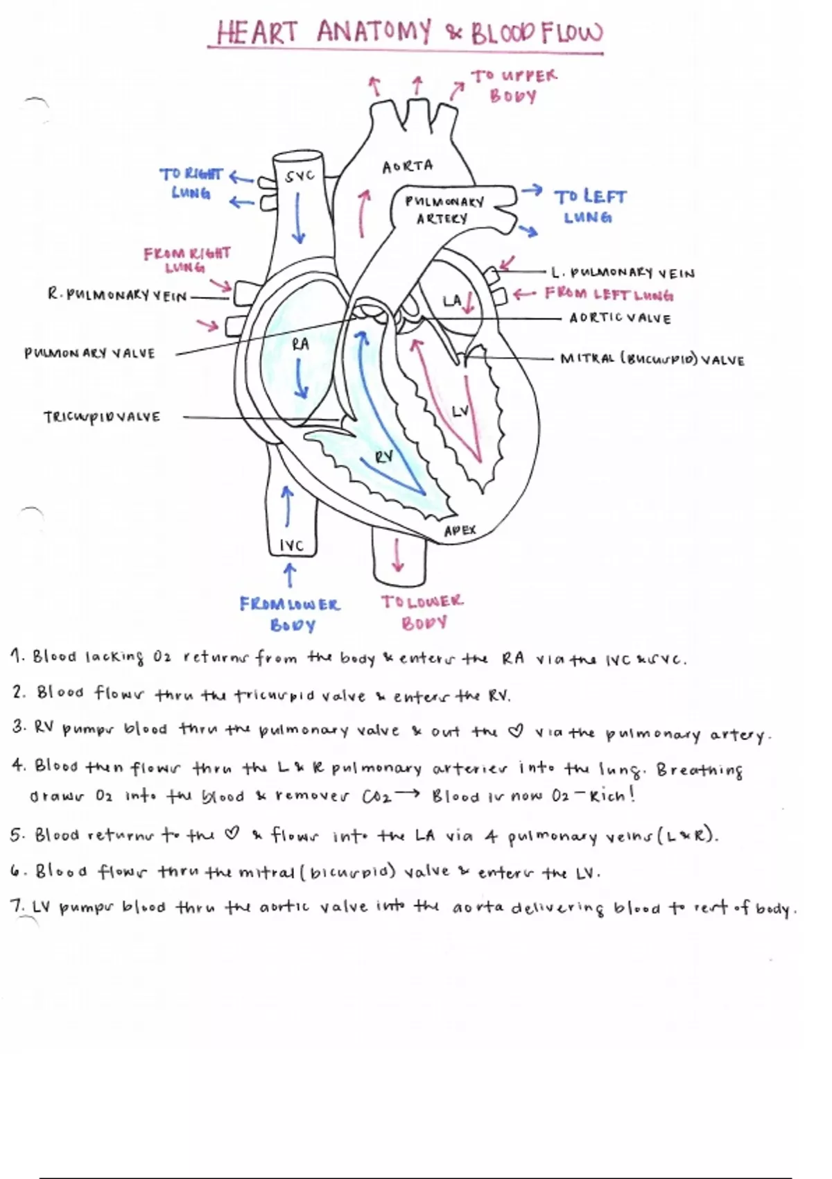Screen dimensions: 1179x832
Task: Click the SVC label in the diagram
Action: point(300,176)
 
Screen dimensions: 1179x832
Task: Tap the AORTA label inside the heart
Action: point(408,166)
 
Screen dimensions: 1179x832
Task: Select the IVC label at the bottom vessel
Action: point(291,546)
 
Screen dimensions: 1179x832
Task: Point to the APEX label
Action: point(460,531)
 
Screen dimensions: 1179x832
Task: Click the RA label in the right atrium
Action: point(300,344)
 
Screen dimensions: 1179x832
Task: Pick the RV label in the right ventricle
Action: point(384,456)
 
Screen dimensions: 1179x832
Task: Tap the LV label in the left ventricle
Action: point(460,411)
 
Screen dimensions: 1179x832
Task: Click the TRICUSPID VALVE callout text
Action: point(102,418)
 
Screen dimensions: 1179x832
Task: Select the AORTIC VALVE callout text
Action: point(620,319)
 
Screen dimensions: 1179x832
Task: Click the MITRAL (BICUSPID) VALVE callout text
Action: point(652,360)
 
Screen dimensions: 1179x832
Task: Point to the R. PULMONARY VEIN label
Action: point(117,295)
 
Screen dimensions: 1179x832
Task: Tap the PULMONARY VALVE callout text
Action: point(90,354)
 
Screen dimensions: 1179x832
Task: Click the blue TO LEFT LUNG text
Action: point(589,207)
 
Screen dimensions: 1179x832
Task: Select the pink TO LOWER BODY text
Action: point(422,612)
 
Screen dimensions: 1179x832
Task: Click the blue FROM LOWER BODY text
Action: point(291,614)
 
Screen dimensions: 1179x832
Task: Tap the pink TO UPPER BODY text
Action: point(514,85)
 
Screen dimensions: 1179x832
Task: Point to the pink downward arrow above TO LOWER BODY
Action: point(398,555)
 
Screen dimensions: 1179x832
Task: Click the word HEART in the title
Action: point(257,33)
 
